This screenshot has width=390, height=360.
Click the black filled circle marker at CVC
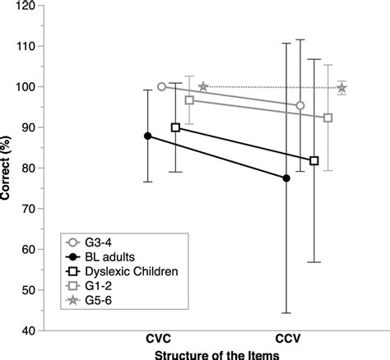148,136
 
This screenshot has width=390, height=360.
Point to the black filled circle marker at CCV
286,178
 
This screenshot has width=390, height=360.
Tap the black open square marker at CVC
175,127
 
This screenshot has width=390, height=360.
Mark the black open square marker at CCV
313,160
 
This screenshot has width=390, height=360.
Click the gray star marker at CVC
203,86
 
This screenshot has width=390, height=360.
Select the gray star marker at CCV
341,88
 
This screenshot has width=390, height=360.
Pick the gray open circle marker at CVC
161,86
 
